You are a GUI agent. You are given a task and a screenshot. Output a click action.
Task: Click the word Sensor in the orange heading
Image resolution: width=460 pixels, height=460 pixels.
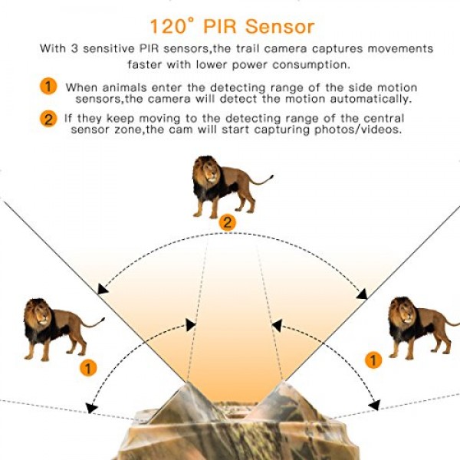(280, 27)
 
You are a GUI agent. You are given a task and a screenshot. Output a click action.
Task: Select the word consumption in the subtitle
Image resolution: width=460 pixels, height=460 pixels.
(311, 65)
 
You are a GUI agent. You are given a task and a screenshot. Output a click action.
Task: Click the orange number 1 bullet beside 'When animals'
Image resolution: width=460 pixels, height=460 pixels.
(48, 86)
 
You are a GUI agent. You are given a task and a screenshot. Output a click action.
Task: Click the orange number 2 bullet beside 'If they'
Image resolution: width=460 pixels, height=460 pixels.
(48, 119)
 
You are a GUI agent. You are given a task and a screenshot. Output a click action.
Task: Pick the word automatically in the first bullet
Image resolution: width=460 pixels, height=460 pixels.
(371, 99)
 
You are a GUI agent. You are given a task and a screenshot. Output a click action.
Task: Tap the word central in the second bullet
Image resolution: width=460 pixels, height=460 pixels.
(384, 118)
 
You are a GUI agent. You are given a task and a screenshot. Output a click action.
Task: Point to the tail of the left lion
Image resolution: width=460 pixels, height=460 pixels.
(94, 323)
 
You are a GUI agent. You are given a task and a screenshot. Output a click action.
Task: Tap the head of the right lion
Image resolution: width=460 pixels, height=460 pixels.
(402, 312)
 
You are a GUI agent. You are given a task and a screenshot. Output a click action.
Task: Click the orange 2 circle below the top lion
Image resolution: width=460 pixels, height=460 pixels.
(228, 223)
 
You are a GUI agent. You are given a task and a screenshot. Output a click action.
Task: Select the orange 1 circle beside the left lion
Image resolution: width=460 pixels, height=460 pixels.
(88, 367)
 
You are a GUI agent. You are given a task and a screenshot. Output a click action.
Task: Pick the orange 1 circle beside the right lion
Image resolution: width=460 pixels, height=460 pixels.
(373, 360)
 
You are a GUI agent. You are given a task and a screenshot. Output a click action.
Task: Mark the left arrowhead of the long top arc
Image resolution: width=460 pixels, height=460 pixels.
(102, 289)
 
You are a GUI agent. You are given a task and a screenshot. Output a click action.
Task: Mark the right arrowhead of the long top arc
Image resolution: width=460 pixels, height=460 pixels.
(362, 294)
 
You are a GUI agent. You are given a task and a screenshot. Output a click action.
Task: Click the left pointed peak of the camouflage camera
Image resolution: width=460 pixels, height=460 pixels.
(187, 383)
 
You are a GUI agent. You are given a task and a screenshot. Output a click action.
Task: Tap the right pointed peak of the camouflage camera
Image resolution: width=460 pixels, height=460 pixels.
(283, 383)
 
